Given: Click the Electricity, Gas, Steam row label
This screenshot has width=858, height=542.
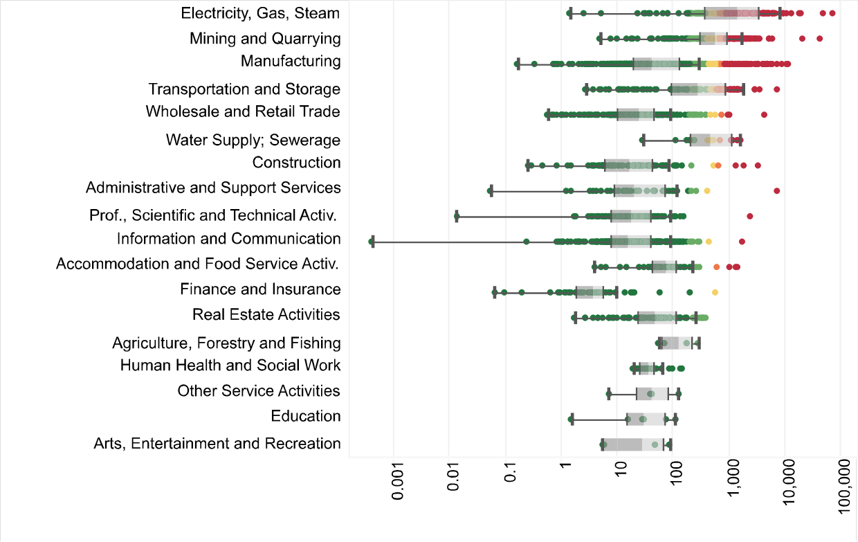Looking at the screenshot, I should [x=260, y=13].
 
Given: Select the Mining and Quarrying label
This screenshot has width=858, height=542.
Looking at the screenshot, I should [x=265, y=39].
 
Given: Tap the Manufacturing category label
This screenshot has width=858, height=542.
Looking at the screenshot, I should [x=291, y=62].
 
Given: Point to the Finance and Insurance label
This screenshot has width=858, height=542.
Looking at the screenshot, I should [x=260, y=289].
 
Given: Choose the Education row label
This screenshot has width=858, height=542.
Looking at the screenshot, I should [x=306, y=416].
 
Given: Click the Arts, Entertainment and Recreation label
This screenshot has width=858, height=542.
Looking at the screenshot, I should [x=217, y=444].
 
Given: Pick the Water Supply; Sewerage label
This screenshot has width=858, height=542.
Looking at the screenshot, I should [x=253, y=141].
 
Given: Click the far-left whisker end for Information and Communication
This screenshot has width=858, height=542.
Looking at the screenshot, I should [x=372, y=242].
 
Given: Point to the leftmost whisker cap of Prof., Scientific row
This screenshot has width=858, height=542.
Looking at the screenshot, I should [x=457, y=217].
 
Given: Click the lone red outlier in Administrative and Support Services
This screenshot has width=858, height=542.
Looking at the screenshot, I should [x=777, y=190].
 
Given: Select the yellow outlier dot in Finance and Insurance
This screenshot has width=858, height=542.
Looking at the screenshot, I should [x=715, y=292].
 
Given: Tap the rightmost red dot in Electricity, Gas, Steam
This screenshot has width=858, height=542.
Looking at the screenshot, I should [x=832, y=13].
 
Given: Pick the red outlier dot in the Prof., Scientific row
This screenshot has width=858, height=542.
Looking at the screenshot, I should [x=750, y=217].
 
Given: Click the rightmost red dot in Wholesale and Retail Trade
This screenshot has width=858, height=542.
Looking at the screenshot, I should [x=765, y=114].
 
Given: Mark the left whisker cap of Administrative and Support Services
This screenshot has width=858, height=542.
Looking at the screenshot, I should [x=491, y=190].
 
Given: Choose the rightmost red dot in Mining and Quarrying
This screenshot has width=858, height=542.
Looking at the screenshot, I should [x=820, y=38].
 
